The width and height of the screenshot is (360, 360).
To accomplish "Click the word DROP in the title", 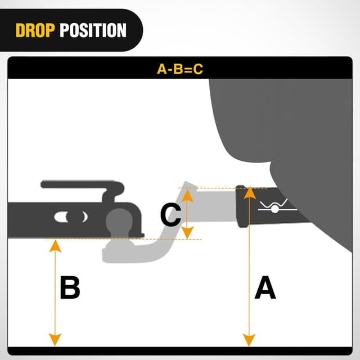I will point(35,30).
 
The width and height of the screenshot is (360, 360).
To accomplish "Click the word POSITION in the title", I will point(93,30).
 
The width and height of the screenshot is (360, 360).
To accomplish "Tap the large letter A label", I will point(265,289).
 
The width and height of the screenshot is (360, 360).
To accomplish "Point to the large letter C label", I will point(170,214).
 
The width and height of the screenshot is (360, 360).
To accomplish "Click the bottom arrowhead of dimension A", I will point(247,341).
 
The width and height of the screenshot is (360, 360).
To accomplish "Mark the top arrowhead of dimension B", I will point(55,244).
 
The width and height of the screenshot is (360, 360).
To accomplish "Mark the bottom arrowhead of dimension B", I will point(55,341).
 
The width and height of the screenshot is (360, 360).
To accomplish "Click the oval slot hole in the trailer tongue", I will point(70,216).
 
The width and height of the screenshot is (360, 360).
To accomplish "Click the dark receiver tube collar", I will point(242,207).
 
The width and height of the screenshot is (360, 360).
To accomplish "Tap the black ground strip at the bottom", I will point(179,352).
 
